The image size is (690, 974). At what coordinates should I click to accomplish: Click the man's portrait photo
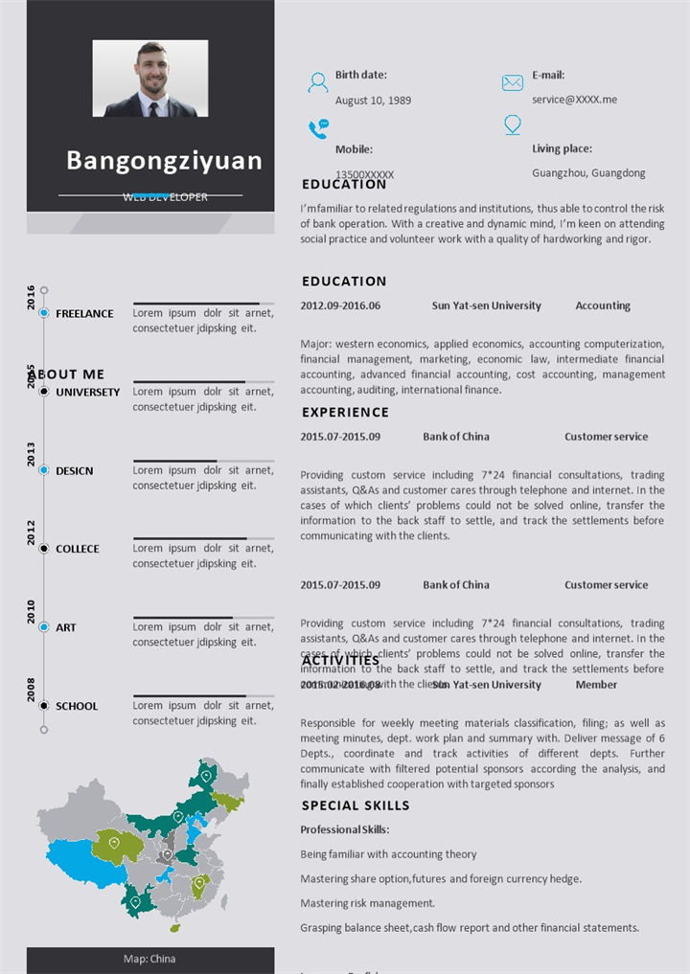(x=150, y=79)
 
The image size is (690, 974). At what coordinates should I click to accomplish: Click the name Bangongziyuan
(x=164, y=160)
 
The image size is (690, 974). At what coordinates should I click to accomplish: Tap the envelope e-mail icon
(x=513, y=83)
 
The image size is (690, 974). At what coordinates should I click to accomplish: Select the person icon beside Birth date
(x=317, y=83)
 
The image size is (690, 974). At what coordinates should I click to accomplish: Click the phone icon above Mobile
(x=318, y=128)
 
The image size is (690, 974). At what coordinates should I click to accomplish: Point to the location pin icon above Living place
(x=513, y=125)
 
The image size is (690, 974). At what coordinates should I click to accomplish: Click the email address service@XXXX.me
(x=574, y=100)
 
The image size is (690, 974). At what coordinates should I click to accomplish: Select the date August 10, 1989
(x=373, y=101)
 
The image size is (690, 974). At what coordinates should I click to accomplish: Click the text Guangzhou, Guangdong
(x=588, y=173)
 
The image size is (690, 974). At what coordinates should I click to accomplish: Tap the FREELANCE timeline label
(x=84, y=314)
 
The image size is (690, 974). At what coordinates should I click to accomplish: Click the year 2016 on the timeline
(x=31, y=297)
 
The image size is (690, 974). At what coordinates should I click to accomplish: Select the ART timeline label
(x=66, y=628)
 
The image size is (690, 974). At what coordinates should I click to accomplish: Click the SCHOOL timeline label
(x=77, y=707)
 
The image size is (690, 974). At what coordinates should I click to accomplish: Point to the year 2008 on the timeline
(x=31, y=690)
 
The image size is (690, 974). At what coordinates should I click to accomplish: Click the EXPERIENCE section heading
(x=345, y=413)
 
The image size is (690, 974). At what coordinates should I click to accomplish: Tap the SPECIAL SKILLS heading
(x=356, y=806)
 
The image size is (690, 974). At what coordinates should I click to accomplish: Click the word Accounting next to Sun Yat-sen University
(x=603, y=306)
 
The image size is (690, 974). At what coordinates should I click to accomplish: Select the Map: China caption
(x=149, y=959)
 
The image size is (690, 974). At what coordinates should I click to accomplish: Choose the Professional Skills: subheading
(x=345, y=830)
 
